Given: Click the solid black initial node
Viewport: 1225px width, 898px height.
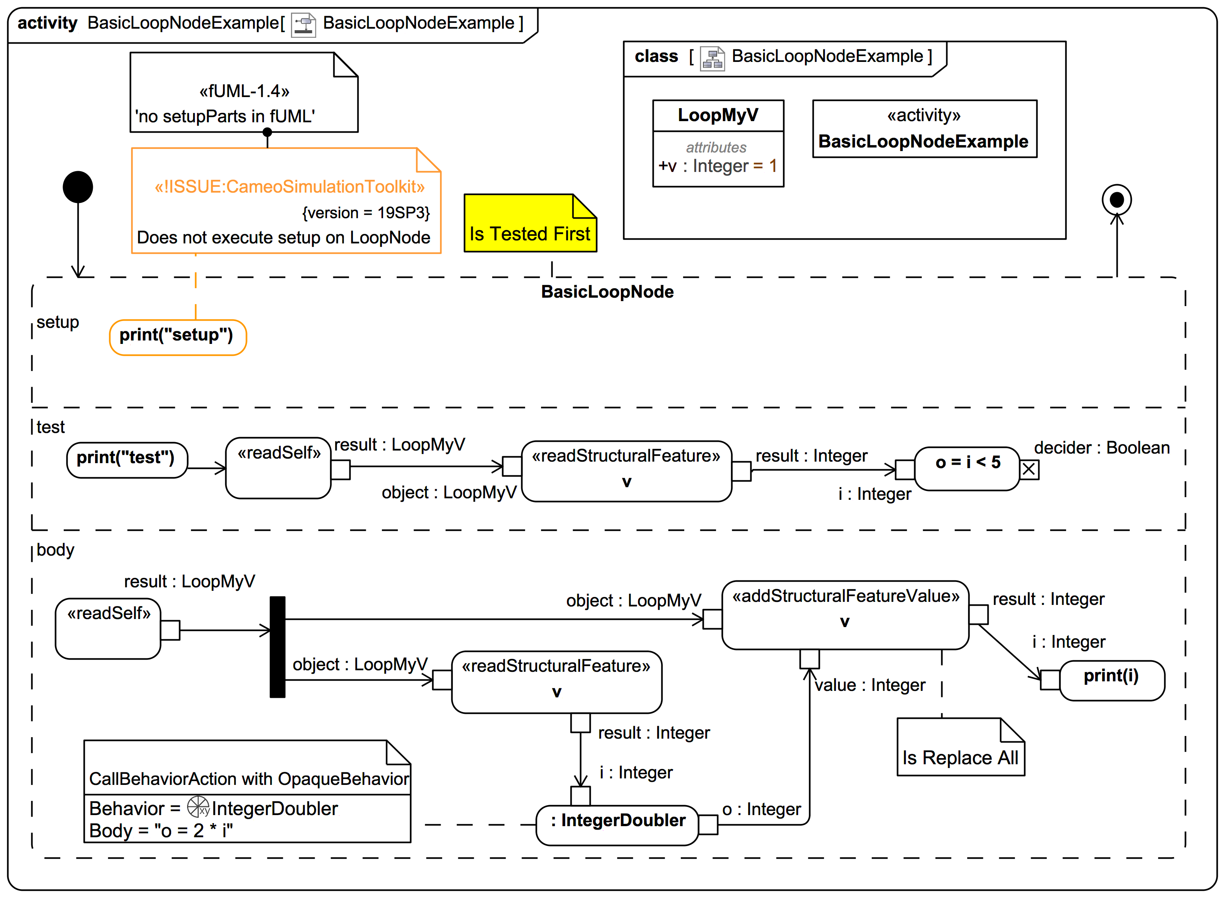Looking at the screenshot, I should coord(78,187).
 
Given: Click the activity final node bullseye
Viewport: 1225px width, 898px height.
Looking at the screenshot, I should coord(1116,200).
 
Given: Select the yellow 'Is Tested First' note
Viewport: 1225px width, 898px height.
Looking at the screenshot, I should coord(530,224).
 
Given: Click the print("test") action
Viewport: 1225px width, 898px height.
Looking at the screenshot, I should coord(126,460).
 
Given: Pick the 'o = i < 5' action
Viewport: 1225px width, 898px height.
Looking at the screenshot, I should coord(966,468).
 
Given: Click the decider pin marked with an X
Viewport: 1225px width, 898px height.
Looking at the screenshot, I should coord(1029,469).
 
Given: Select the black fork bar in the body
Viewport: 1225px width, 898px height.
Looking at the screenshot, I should coord(278,647).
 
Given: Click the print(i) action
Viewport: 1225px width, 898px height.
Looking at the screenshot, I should coord(1112,680).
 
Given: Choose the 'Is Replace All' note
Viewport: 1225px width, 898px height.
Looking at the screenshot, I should coord(960,748).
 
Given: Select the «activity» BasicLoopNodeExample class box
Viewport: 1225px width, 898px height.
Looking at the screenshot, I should coord(924,129).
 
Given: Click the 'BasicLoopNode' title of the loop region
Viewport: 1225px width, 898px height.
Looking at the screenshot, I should coord(607,292).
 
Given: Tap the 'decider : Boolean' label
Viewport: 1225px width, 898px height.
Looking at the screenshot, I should coord(1101,448).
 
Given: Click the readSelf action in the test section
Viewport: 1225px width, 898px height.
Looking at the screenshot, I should coord(278,467).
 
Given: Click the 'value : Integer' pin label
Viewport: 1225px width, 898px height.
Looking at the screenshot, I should coord(870,685).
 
